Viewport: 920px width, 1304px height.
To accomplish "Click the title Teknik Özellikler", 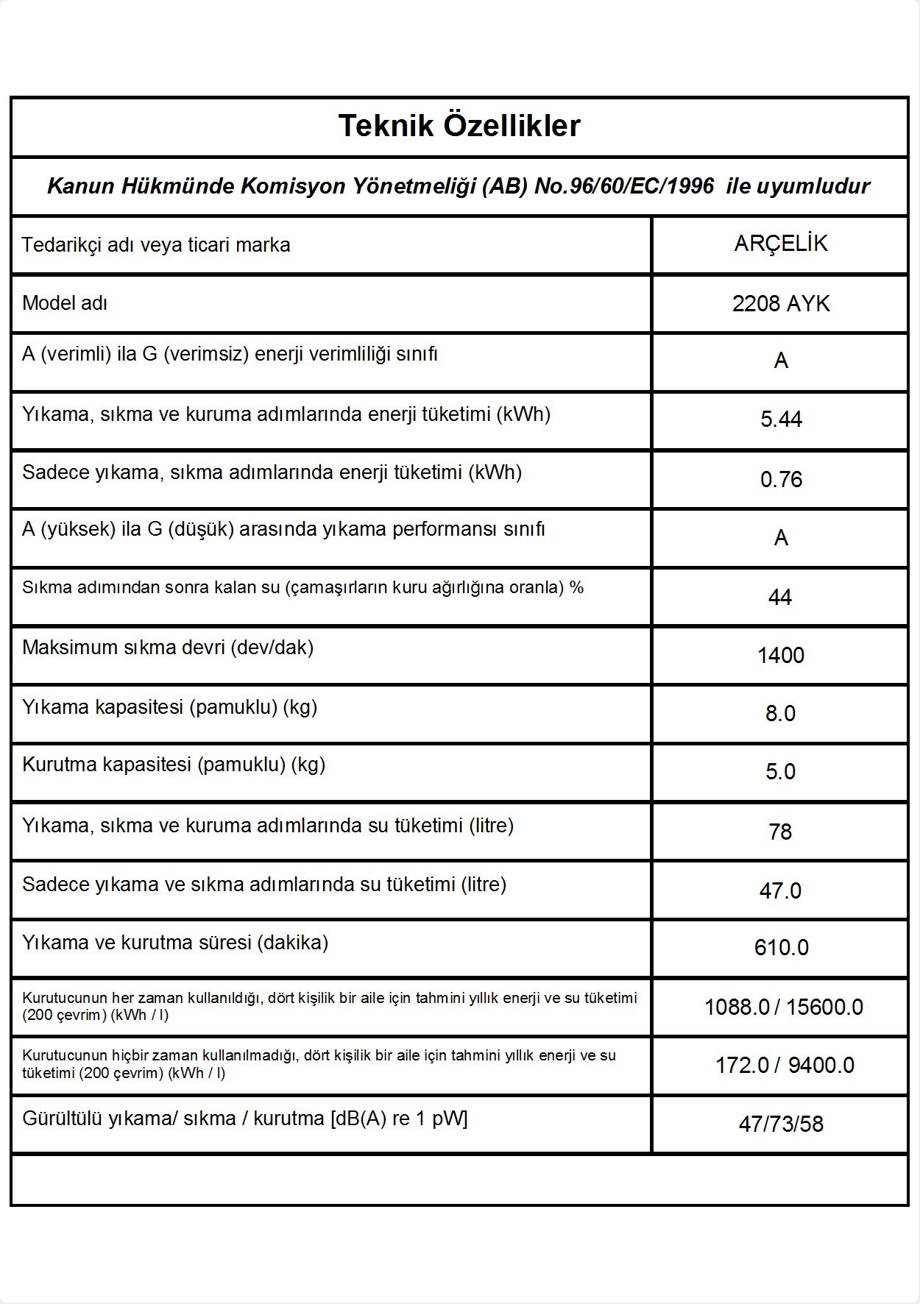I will [459, 126].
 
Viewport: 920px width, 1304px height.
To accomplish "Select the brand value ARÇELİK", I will [780, 244].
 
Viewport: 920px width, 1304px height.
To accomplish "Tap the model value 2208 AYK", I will [780, 303].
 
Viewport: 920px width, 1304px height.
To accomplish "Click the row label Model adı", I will [65, 302].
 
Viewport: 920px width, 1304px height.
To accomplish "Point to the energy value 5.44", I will [781, 419].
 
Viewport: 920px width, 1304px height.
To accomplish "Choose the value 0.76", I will [781, 480].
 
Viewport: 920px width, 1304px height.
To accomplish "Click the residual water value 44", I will [780, 597].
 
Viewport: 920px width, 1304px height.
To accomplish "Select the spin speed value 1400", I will [780, 655].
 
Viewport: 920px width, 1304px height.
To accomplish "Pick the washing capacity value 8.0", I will [780, 713].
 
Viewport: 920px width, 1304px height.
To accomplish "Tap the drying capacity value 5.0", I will [780, 772].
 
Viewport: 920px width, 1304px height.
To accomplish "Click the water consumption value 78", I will [780, 832].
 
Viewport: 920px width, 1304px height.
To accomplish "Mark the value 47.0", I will [780, 890].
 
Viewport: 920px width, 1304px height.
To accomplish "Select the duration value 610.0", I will [781, 947].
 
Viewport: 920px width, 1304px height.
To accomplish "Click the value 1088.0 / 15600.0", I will [783, 1007].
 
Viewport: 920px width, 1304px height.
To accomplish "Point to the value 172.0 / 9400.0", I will [785, 1065].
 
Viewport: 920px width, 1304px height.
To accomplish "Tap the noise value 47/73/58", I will [781, 1124].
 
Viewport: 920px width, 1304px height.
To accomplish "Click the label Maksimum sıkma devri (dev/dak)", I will [168, 648].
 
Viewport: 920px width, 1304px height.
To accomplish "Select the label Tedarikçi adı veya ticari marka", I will [156, 244].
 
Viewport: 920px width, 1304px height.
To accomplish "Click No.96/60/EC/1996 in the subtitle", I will [624, 186].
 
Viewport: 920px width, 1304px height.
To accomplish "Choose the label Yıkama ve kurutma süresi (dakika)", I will [175, 943].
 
